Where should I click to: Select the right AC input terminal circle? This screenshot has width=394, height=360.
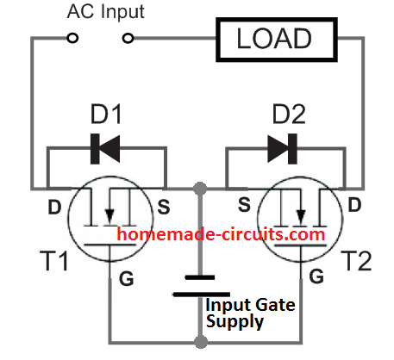click(x=130, y=38)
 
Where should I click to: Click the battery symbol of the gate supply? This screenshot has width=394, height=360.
click(x=200, y=286)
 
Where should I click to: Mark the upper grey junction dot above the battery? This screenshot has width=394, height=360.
click(x=200, y=187)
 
